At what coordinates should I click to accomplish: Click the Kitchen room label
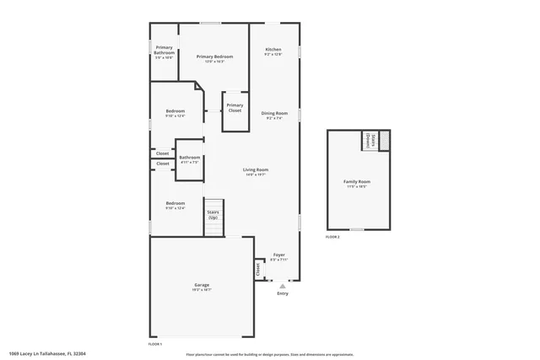point(273,51)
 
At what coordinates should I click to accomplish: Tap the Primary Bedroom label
point(215,56)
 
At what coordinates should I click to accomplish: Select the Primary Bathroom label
point(164,50)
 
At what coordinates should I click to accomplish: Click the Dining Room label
point(274,113)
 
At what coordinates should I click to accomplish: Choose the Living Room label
point(256,169)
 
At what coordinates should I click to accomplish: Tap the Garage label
point(202,285)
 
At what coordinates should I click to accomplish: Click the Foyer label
point(278,255)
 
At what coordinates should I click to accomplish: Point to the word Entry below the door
point(283,293)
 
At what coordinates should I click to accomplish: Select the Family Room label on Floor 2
point(356,181)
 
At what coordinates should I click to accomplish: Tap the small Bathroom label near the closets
point(189,158)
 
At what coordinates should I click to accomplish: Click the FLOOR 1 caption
point(155,344)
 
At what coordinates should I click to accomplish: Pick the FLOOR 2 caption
point(332,237)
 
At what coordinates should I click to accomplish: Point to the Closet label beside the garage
point(257,269)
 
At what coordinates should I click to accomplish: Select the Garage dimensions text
point(202,290)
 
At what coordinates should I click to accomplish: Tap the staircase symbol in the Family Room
point(384,140)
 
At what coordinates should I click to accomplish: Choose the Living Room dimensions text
point(256,175)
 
